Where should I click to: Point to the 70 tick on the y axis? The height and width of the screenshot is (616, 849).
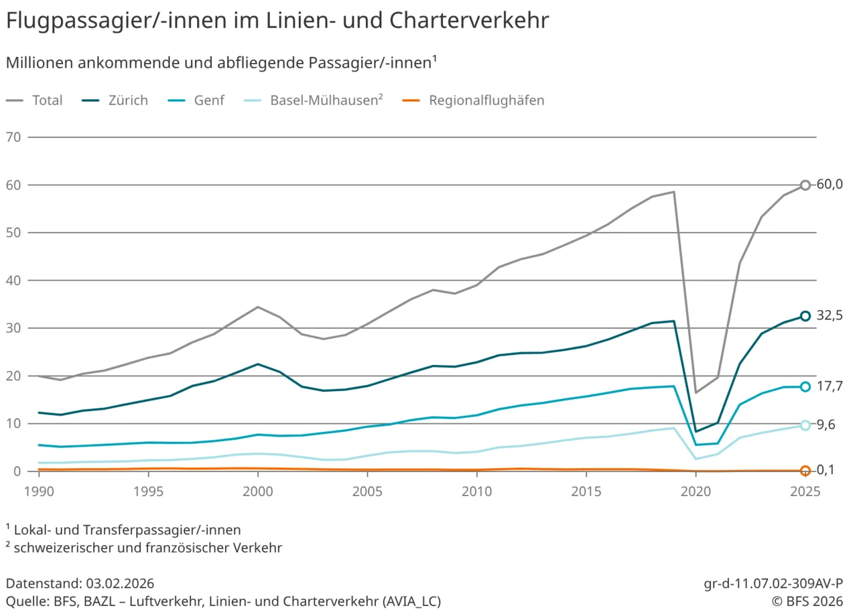click(13, 137)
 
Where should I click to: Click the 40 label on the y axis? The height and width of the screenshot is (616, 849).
click(13, 281)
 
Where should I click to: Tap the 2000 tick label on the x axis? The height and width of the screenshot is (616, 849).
click(257, 491)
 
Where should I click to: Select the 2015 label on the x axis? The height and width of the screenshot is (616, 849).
click(586, 491)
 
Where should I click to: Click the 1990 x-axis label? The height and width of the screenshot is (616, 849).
click(38, 491)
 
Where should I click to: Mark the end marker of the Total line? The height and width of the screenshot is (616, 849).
click(805, 185)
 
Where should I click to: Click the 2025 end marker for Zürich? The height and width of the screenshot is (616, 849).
click(805, 316)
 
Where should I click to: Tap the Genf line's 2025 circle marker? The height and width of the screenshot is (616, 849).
click(805, 386)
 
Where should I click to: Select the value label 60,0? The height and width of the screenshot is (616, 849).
click(830, 185)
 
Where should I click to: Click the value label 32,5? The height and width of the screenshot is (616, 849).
click(830, 316)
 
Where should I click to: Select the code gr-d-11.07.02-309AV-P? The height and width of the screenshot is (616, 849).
click(773, 583)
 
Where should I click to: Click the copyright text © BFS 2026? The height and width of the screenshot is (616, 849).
click(807, 601)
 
